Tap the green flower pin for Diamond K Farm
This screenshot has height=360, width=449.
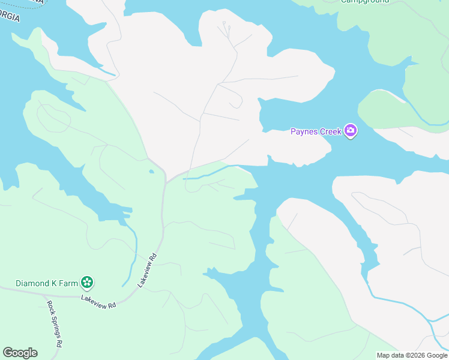tap(87, 282)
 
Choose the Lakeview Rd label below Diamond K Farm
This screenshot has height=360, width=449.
tap(98, 302)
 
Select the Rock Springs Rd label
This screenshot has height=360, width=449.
tap(55, 323)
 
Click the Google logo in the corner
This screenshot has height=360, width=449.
tap(20, 353)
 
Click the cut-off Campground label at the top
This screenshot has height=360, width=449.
tap(364, 2)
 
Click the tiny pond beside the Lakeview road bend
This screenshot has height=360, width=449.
tap(152, 172)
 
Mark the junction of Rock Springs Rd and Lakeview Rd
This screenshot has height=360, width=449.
tap(44, 295)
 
